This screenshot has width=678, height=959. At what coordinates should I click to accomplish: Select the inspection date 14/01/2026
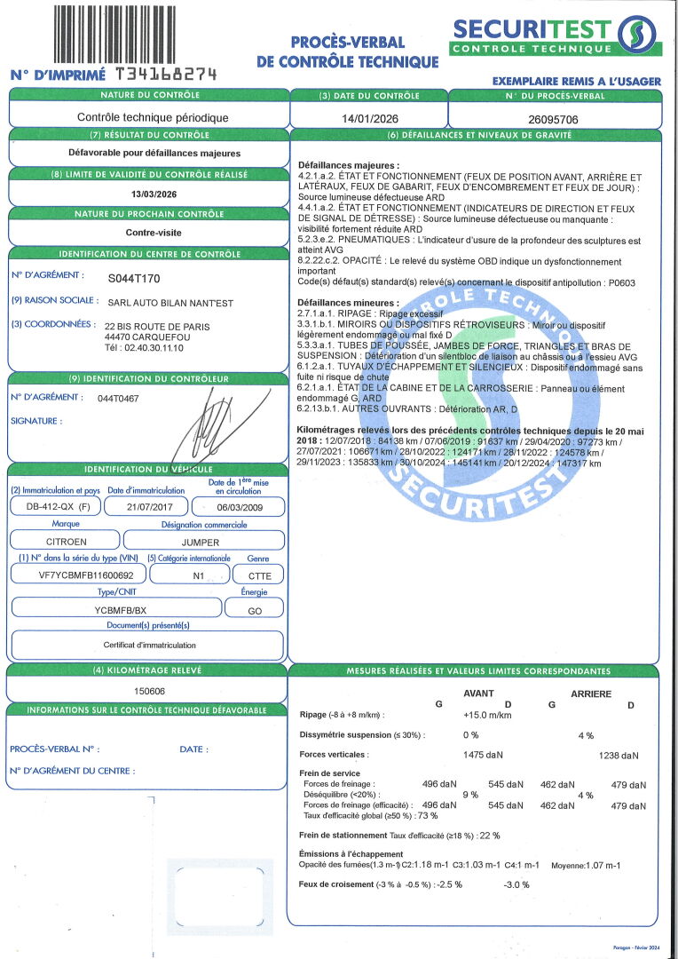(x=368, y=117)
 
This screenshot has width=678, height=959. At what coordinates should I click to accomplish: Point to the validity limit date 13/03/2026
(x=148, y=194)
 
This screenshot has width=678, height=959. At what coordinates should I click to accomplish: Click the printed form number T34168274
(x=167, y=75)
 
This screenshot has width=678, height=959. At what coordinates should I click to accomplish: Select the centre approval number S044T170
(x=134, y=278)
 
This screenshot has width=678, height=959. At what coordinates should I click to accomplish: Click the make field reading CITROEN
(x=66, y=540)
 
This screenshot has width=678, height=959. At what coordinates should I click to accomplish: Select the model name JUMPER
(x=200, y=540)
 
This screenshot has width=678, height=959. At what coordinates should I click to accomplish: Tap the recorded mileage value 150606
(x=149, y=690)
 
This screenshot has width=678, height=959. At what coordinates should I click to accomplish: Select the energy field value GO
(x=254, y=610)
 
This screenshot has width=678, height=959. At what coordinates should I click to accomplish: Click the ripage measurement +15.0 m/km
(x=487, y=715)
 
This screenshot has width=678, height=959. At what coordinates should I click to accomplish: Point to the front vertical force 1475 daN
(x=483, y=755)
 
